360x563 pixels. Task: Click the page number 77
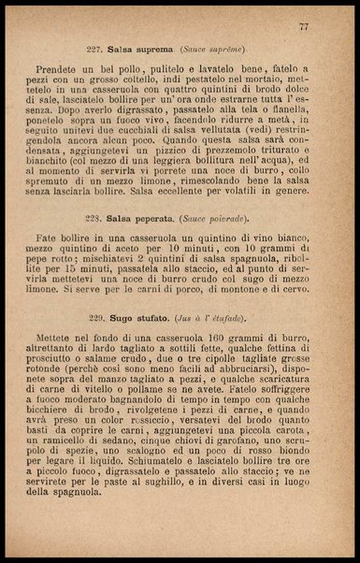click(x=304, y=27)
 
